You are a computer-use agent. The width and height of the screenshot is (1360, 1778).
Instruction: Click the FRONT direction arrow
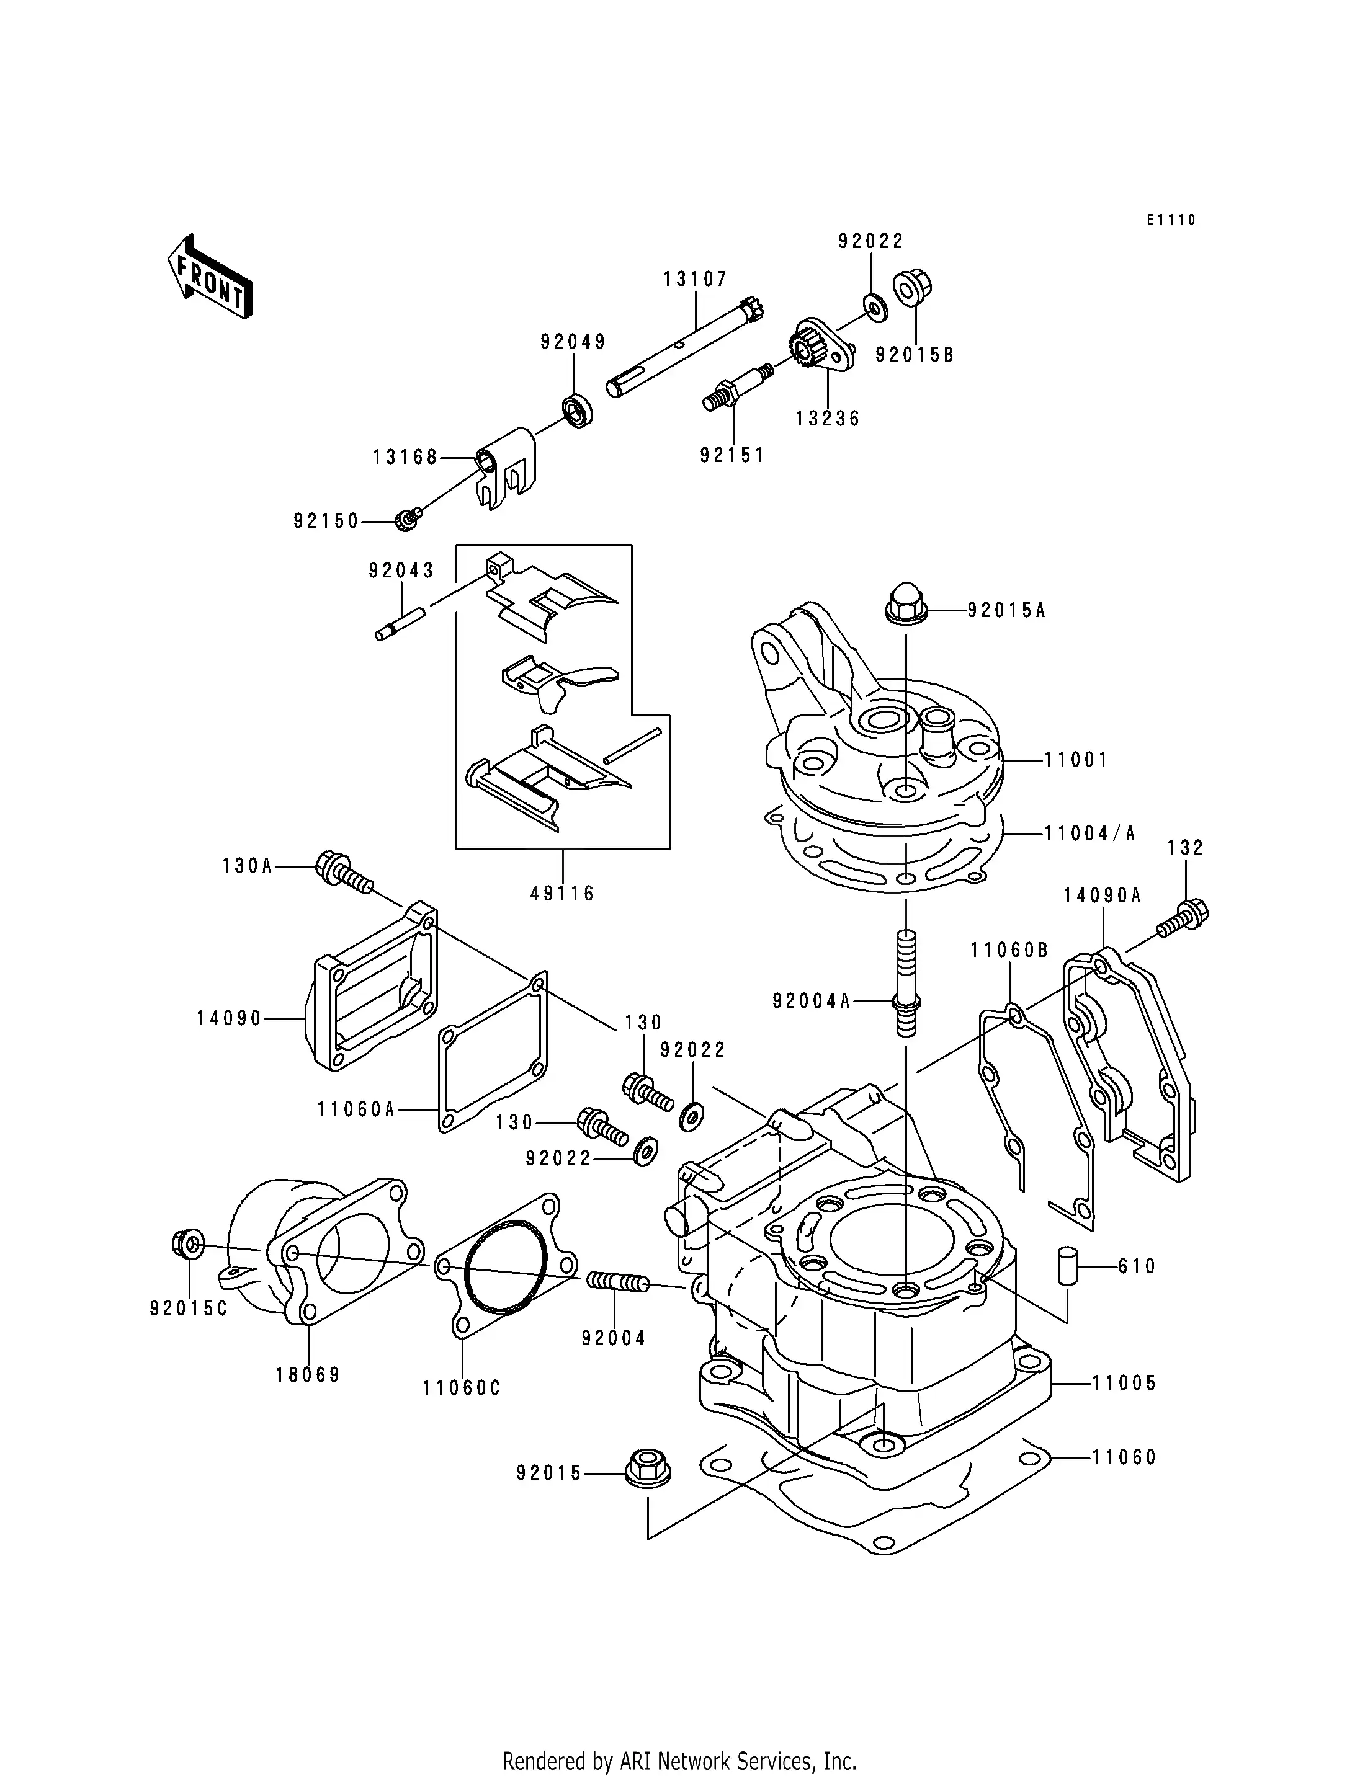tap(210, 276)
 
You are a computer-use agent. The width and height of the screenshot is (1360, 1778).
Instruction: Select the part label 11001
tap(1076, 760)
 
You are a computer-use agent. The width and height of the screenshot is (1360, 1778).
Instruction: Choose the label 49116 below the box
tap(563, 894)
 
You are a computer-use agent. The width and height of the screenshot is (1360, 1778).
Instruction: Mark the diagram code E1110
tap(1171, 220)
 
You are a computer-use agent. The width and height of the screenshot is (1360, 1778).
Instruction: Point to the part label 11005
tap(1124, 1382)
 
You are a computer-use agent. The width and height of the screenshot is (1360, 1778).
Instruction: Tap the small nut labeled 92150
tap(407, 520)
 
